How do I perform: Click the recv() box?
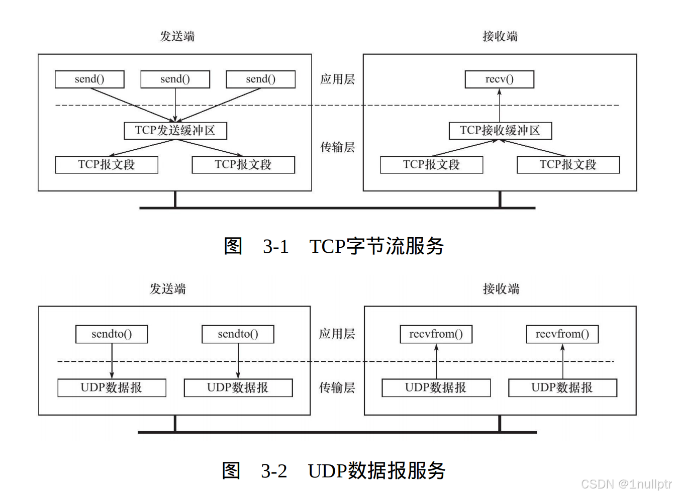(x=499, y=79)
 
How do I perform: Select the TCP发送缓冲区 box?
(x=175, y=131)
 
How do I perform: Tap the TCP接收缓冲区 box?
(x=500, y=131)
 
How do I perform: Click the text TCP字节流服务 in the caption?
(x=376, y=246)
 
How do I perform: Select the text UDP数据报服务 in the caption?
(x=376, y=471)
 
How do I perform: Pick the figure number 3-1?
(x=275, y=247)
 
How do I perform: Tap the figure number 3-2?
(x=274, y=471)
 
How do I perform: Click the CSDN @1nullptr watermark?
(x=626, y=484)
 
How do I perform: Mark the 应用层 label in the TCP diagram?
(x=337, y=79)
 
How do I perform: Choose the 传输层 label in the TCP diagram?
(x=337, y=147)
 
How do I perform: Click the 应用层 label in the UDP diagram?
(x=337, y=334)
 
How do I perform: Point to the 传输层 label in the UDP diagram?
(x=337, y=387)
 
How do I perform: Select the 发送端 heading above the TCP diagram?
(x=177, y=36)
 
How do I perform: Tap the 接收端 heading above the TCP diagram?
(x=500, y=36)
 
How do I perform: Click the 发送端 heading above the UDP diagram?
(x=168, y=289)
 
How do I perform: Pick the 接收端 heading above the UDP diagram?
(x=501, y=289)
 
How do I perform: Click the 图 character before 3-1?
(x=233, y=246)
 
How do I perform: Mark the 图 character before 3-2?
(x=231, y=471)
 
